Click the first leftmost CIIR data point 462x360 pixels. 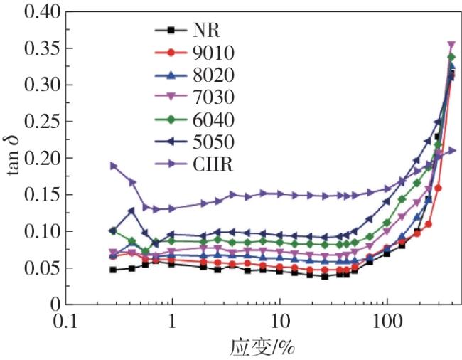pyautogui.click(x=113, y=166)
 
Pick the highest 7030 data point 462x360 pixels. pyautogui.click(x=451, y=45)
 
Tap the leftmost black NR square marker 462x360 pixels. pyautogui.click(x=113, y=270)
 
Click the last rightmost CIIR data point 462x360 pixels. pyautogui.click(x=451, y=151)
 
